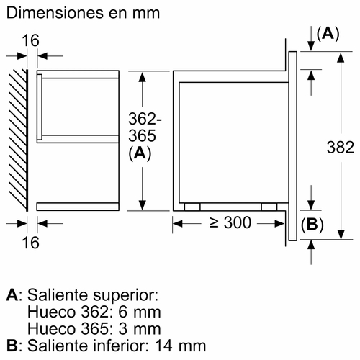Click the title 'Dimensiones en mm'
(x=83, y=13)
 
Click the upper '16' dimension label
(x=30, y=40)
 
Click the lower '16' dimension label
(x=30, y=243)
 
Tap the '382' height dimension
(x=341, y=147)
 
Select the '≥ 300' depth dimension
(x=230, y=222)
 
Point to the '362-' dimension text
(x=145, y=119)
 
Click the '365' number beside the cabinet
(x=142, y=135)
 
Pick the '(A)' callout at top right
(x=328, y=34)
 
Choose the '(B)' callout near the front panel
(x=312, y=225)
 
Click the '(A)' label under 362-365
(x=140, y=153)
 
